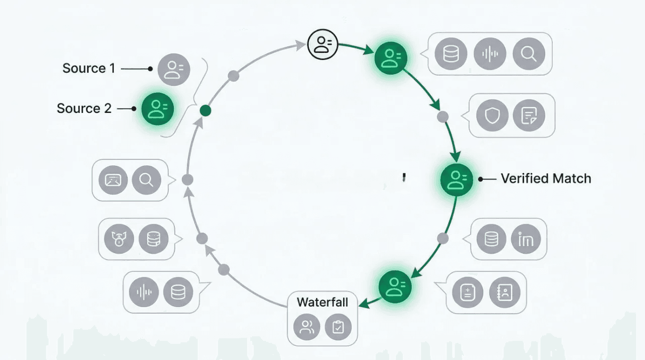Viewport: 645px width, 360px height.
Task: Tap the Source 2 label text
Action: [x=84, y=108]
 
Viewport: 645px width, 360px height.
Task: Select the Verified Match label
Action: [x=546, y=178]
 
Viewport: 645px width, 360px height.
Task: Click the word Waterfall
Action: [x=322, y=302]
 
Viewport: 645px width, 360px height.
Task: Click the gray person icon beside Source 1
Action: [x=174, y=69]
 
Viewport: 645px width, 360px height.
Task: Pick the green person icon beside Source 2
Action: [x=158, y=108]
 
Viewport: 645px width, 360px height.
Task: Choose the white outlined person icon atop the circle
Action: [x=323, y=43]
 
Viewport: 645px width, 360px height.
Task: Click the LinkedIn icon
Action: [x=526, y=238]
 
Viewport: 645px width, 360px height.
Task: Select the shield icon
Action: [x=492, y=115]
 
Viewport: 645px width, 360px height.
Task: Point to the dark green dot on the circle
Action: [x=206, y=110]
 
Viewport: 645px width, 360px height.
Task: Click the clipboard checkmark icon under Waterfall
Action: [x=338, y=327]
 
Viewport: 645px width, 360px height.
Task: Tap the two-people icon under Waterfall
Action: [x=307, y=327]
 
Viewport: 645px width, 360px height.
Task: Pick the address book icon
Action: [x=504, y=292]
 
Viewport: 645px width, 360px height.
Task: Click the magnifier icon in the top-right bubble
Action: [x=529, y=54]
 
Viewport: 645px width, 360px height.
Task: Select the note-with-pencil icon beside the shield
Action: [x=529, y=115]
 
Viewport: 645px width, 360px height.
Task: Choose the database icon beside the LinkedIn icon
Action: [x=491, y=238]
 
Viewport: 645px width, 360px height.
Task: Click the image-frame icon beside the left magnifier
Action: [x=113, y=180]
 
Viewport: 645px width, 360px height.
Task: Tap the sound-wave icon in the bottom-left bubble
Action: [x=144, y=292]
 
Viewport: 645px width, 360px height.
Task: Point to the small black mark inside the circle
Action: [x=404, y=177]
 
